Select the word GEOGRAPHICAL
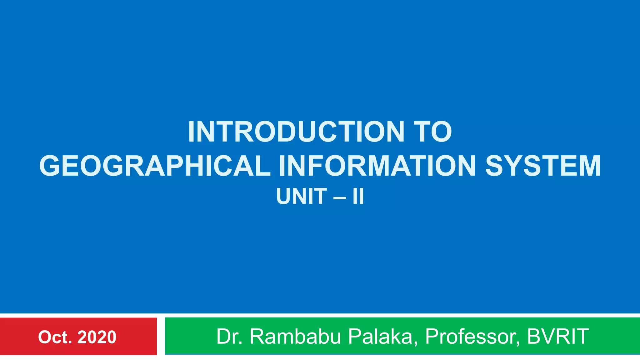[x=155, y=166]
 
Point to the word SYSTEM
[x=543, y=166]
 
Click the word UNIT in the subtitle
[x=301, y=197]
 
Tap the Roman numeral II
[x=358, y=197]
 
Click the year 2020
[x=97, y=337]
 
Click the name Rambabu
[x=295, y=337]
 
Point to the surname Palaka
[x=383, y=337]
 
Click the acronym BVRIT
[x=558, y=337]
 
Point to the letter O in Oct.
[x=45, y=337]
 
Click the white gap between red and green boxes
[x=161, y=336]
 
